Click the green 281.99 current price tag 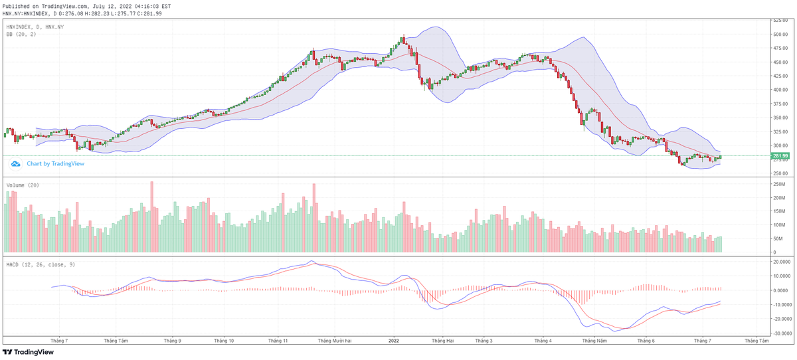[x=780, y=156]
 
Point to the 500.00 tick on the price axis [x=780, y=34]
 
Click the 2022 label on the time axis [x=393, y=341]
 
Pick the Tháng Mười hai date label [x=334, y=341]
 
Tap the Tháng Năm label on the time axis [x=594, y=341]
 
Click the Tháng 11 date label [x=277, y=341]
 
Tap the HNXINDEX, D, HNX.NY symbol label [x=35, y=26]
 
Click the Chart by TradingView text [x=55, y=163]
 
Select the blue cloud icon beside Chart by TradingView [x=16, y=163]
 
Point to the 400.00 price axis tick [x=780, y=90]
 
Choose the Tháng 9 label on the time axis [x=172, y=341]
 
